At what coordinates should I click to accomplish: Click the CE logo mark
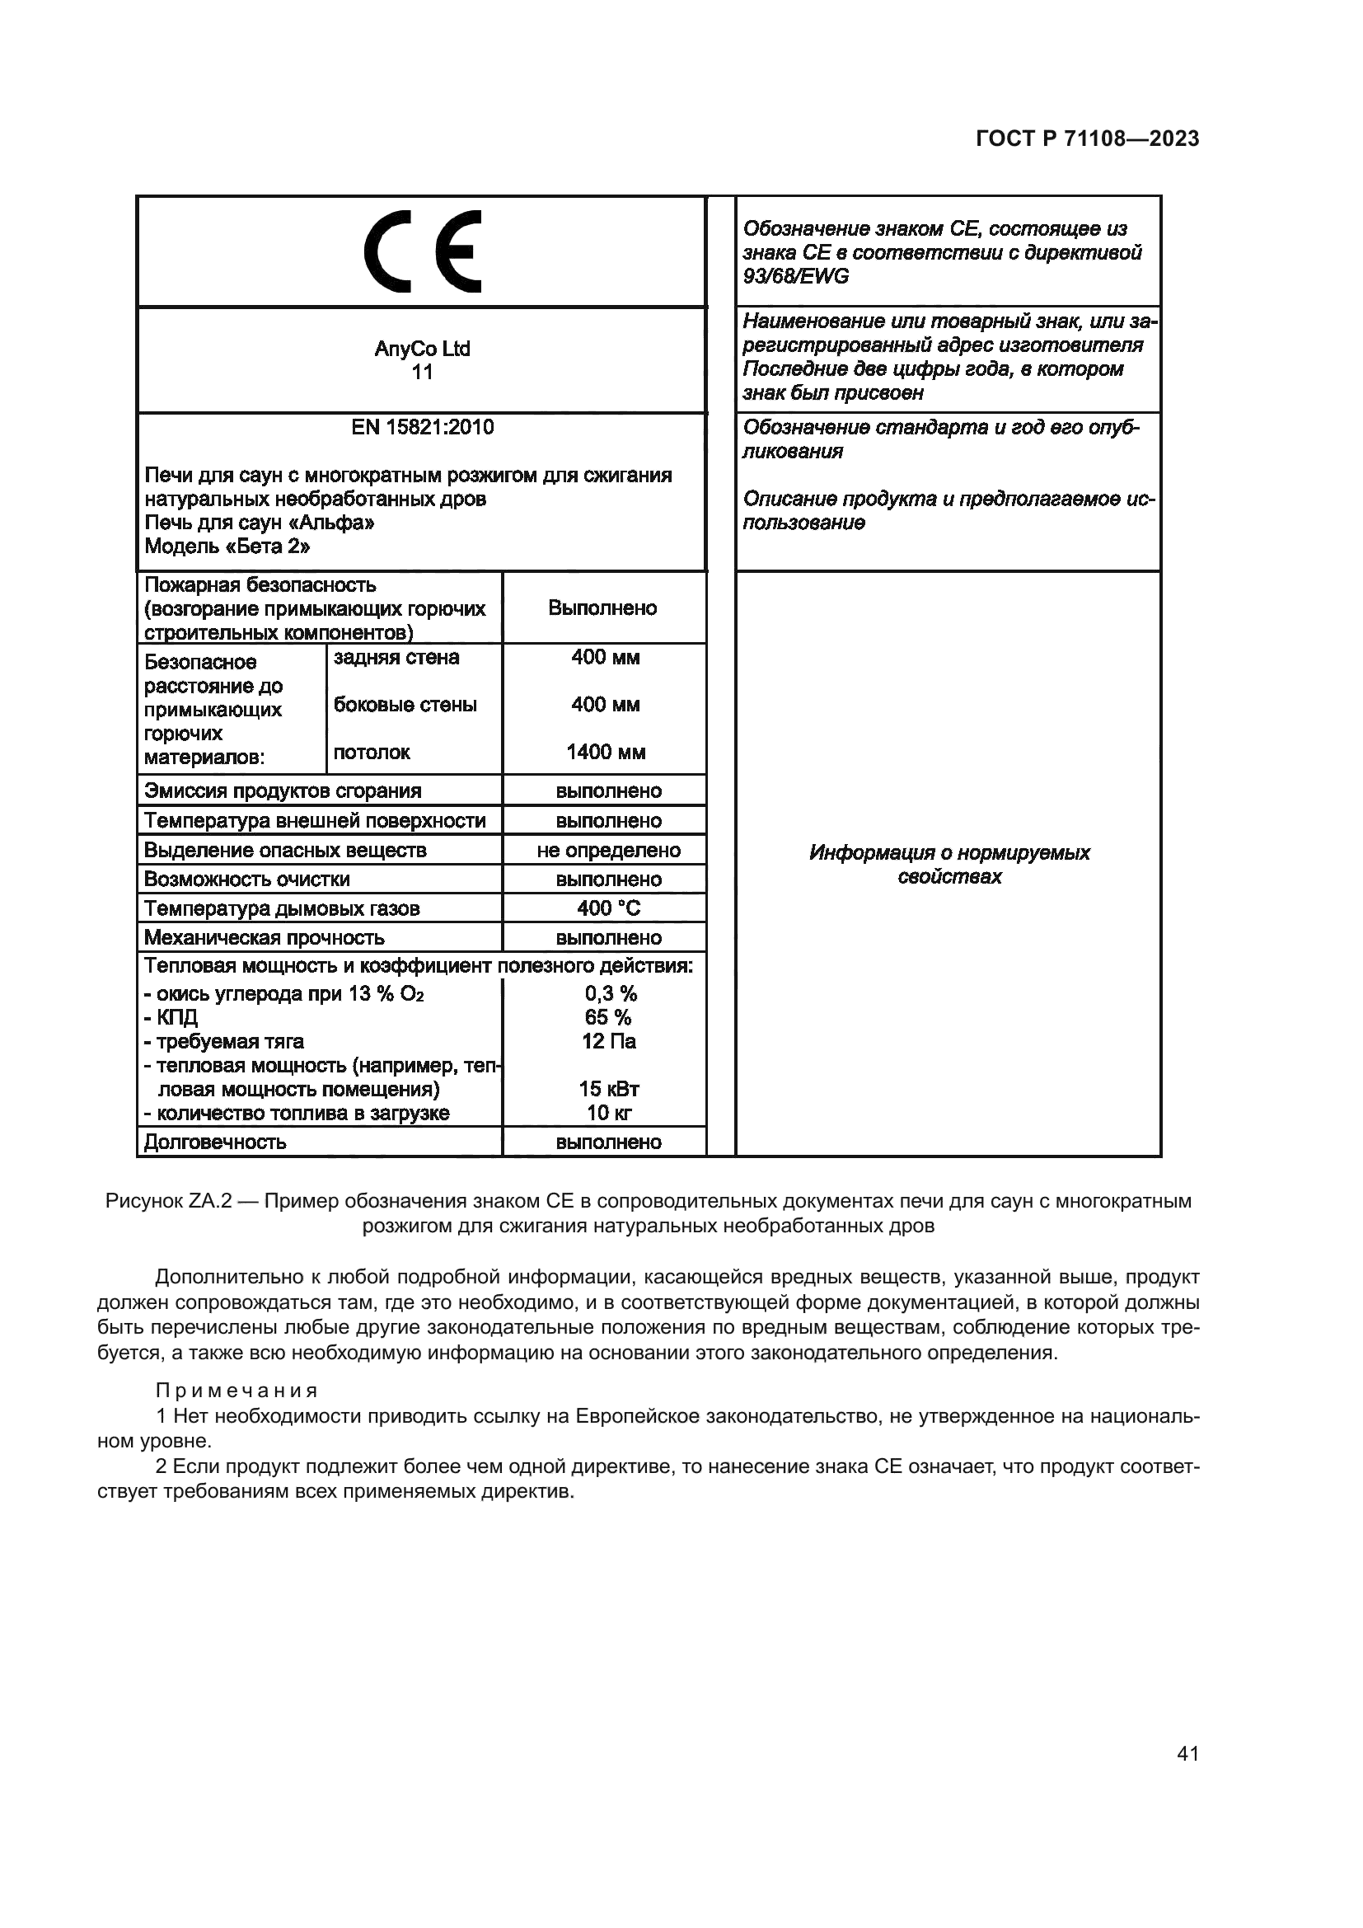(422, 251)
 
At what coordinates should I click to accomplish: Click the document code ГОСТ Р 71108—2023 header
(1087, 139)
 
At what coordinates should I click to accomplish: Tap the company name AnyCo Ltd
(422, 349)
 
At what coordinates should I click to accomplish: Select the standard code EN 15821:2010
(422, 428)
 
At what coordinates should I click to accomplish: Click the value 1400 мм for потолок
(605, 753)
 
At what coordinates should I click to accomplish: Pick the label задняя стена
(396, 657)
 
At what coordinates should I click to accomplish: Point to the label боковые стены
(405, 705)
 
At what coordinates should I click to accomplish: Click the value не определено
(608, 851)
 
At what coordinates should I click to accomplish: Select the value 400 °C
(608, 908)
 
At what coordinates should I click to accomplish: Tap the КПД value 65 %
(608, 1018)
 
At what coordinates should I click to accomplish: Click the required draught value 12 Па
(608, 1042)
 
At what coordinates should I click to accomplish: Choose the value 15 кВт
(608, 1090)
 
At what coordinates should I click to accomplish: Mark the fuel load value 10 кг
(608, 1114)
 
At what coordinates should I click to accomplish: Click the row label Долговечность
(216, 1142)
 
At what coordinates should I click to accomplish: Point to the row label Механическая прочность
(265, 938)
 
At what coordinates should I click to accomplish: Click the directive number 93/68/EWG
(796, 276)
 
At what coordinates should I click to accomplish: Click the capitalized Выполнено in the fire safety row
(602, 608)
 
